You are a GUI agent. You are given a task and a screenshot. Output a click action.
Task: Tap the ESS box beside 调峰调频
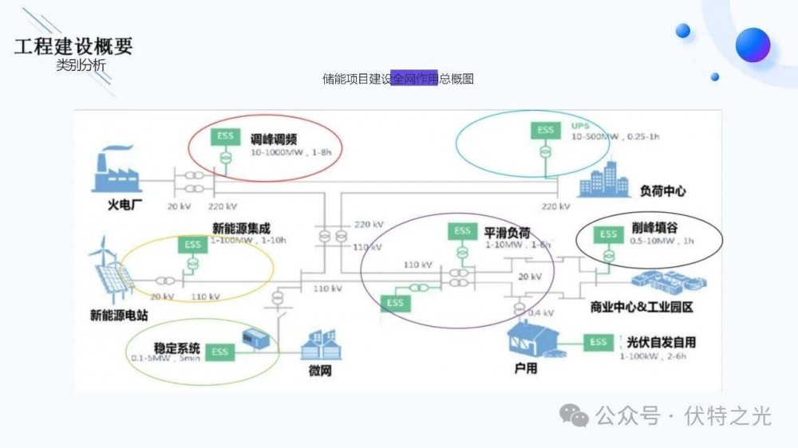[x=226, y=136]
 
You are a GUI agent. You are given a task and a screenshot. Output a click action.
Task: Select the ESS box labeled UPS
[x=545, y=130]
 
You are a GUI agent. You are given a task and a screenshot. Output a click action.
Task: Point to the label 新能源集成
[x=241, y=228]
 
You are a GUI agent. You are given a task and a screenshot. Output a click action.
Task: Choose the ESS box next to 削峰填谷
[x=609, y=234]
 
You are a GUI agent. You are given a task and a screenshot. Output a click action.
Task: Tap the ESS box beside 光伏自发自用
[x=598, y=342]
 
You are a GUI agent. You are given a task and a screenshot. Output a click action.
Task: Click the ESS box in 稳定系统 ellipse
[x=220, y=352]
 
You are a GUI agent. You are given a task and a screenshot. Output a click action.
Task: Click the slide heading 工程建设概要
[x=73, y=45]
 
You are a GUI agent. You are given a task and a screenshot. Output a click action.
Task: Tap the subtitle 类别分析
[x=81, y=66]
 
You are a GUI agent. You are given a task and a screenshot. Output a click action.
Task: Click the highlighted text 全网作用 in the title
[x=415, y=79]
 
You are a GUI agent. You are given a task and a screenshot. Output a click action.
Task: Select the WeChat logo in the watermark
[x=574, y=414]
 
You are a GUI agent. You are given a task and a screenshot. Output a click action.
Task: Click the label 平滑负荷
[x=507, y=233]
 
